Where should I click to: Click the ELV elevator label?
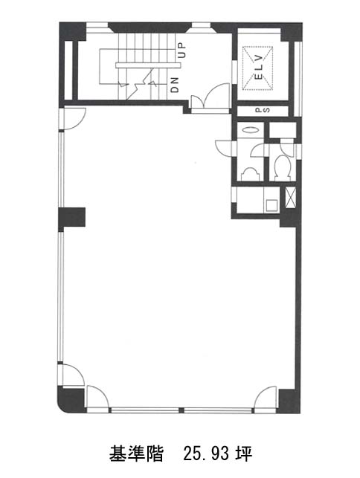(x=258, y=67)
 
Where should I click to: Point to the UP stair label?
(x=181, y=51)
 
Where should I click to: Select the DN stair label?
(x=175, y=85)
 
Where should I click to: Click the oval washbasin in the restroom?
(x=250, y=130)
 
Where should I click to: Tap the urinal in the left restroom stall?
(x=250, y=175)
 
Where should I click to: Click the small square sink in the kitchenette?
(x=271, y=205)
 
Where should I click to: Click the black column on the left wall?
(x=72, y=217)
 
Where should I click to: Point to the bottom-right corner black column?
(x=288, y=401)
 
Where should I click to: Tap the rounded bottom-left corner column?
(x=71, y=399)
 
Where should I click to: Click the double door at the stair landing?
(x=210, y=97)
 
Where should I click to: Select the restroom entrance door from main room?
(x=224, y=149)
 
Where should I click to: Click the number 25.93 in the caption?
(x=205, y=454)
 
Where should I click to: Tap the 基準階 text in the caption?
(x=136, y=454)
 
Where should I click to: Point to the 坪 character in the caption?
(x=245, y=454)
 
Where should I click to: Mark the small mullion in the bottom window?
(x=181, y=410)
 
